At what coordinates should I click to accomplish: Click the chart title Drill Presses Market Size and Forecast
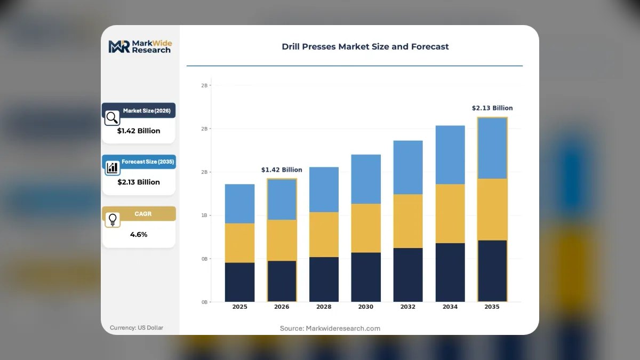point(365,46)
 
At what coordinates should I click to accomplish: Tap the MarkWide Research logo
point(140,46)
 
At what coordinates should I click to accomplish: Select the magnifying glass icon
point(112,118)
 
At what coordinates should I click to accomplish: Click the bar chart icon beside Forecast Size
point(113,167)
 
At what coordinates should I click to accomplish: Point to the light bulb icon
point(113,220)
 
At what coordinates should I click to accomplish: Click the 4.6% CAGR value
point(139,235)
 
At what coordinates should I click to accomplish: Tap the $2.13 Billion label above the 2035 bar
point(492,108)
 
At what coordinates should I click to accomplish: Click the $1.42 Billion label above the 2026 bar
point(282,170)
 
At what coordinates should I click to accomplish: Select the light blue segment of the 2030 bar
point(366,179)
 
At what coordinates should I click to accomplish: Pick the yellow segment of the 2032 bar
point(408,221)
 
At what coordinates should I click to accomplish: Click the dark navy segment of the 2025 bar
point(239,282)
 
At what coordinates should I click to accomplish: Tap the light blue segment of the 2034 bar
point(450,155)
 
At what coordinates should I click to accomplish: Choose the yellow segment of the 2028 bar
point(324,235)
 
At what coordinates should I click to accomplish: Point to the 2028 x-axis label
point(324,307)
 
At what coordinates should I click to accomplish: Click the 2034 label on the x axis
point(450,307)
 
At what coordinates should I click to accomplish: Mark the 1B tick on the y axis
point(204,215)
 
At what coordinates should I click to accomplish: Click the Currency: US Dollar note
point(137,327)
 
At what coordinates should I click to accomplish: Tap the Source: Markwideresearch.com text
point(330,329)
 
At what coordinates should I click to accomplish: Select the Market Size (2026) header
point(147,110)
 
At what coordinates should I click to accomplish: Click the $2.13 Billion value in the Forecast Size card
point(139,182)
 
